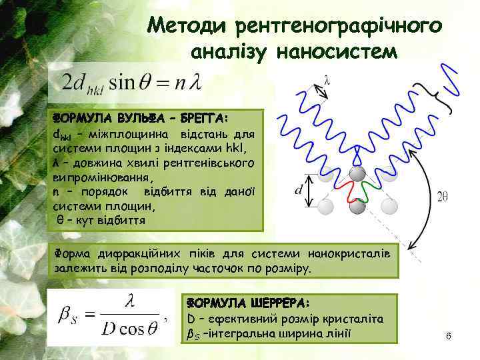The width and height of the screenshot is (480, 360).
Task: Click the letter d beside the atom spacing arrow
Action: [x=299, y=191]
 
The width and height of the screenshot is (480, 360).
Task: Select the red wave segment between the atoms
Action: [x=345, y=192]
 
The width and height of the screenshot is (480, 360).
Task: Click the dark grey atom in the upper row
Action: [x=357, y=175]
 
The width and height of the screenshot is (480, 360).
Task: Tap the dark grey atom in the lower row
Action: [x=357, y=207]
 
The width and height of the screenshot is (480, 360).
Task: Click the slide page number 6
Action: [x=449, y=337]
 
